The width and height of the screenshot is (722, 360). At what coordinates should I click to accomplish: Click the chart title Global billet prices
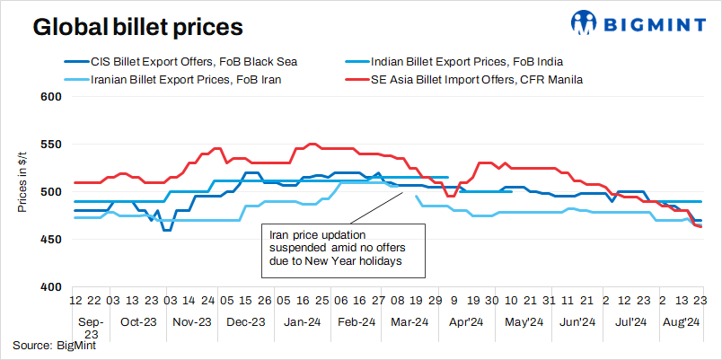pyautogui.click(x=137, y=28)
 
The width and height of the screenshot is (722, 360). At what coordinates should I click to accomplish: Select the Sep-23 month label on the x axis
pyautogui.click(x=92, y=326)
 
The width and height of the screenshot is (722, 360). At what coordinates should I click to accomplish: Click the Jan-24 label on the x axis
pyautogui.click(x=302, y=320)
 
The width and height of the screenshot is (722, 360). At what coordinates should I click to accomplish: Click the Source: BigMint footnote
pyautogui.click(x=54, y=344)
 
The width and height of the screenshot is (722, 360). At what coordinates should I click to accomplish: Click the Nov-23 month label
pyautogui.click(x=191, y=320)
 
